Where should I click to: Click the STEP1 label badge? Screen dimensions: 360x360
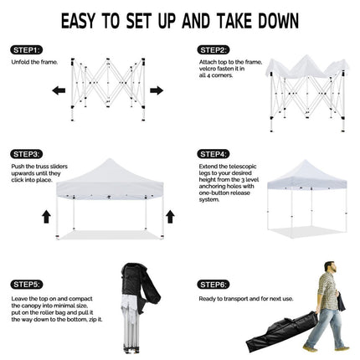[x=26, y=50]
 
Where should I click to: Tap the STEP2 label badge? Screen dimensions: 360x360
[x=213, y=50]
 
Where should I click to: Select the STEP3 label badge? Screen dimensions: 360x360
[x=26, y=154]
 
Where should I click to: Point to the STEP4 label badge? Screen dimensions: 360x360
[x=213, y=154]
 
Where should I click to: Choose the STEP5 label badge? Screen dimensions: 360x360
[x=26, y=285]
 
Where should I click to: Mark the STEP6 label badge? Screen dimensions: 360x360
[x=213, y=285]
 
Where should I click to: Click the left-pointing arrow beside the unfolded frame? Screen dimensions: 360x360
[x=59, y=90]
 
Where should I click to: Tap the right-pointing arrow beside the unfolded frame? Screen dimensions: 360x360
[x=157, y=90]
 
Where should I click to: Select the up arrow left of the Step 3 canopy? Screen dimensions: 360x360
[x=46, y=217]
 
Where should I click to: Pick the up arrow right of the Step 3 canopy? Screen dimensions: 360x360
[x=170, y=217]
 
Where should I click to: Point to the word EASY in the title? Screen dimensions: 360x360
[x=78, y=21]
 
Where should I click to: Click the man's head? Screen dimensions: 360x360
[x=330, y=267]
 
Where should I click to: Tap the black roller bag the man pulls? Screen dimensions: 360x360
[x=282, y=332]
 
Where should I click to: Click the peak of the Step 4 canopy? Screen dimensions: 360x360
[x=306, y=161]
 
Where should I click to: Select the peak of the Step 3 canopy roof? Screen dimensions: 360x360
[x=111, y=159]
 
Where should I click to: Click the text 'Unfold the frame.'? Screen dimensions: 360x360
[x=34, y=62]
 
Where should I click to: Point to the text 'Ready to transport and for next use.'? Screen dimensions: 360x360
[x=246, y=299]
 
